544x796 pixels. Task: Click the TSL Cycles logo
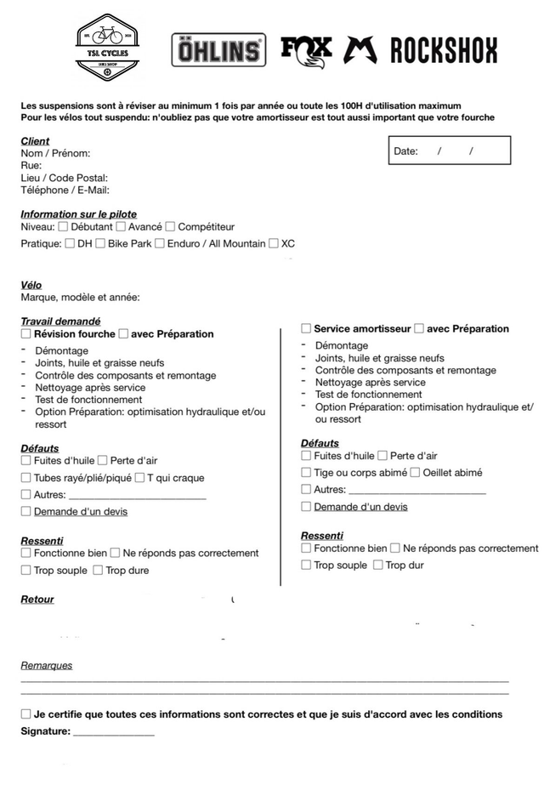coord(108,48)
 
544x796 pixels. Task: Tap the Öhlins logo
coord(219,50)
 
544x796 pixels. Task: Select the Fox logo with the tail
coord(306,49)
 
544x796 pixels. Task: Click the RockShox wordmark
coord(443,50)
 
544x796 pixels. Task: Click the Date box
coord(449,151)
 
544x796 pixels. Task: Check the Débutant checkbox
coord(63,227)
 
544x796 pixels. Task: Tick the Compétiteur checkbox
coord(170,227)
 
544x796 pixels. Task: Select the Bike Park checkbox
coord(100,244)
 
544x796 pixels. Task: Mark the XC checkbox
coord(274,244)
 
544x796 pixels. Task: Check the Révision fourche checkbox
coord(25,334)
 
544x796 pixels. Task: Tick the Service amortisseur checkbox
coord(306,328)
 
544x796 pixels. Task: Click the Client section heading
coord(35,141)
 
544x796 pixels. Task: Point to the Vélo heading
coord(31,285)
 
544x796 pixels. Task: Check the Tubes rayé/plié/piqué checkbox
coord(25,478)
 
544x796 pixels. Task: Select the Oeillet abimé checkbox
coord(415,473)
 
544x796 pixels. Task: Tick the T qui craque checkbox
coord(139,478)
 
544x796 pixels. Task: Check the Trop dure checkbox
coord(98,571)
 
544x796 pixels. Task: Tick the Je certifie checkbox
coord(25,714)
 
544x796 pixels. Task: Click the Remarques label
coord(46,666)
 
